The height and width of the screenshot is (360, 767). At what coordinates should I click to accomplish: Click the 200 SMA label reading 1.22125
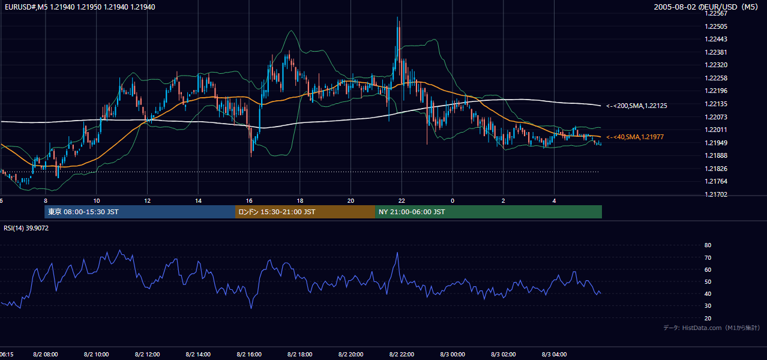[637, 106]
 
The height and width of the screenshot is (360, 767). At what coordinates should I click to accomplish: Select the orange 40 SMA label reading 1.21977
[635, 137]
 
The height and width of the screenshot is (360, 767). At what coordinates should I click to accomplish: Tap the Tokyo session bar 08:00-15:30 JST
[140, 212]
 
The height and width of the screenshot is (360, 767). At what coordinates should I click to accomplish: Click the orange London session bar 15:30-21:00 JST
[305, 212]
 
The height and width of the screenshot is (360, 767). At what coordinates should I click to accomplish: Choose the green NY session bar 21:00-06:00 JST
[489, 212]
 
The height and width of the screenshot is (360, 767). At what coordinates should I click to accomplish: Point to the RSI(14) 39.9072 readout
[26, 228]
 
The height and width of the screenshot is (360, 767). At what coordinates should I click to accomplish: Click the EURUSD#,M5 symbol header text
[80, 7]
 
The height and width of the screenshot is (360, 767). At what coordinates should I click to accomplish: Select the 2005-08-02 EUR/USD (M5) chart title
[706, 7]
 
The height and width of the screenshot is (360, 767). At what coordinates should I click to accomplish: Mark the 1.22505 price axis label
[716, 26]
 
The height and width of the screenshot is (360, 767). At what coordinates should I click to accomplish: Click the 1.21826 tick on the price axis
[716, 169]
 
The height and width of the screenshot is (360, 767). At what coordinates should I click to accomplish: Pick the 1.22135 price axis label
[716, 104]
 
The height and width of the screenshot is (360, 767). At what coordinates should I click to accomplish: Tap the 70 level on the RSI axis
[708, 257]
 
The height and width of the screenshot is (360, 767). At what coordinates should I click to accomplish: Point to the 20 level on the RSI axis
[708, 318]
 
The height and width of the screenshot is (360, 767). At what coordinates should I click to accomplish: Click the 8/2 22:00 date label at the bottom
[402, 354]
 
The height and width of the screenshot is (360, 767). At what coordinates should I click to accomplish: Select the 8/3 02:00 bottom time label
[504, 354]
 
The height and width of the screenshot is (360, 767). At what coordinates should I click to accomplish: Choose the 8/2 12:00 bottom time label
[147, 354]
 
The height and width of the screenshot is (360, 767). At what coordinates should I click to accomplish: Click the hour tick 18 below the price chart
[300, 201]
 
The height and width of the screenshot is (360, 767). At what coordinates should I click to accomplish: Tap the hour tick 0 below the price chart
[453, 201]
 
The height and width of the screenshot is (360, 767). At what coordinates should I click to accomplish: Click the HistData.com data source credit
[712, 328]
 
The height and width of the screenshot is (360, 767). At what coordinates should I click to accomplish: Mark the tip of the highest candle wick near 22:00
[397, 17]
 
